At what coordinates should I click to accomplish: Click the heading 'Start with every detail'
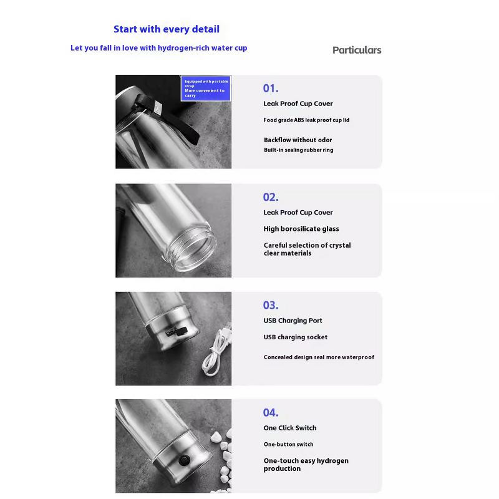click(x=167, y=29)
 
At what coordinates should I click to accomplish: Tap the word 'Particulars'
click(x=357, y=50)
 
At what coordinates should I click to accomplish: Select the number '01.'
click(x=271, y=88)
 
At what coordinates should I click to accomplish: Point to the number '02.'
click(x=271, y=197)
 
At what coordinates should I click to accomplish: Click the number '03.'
click(x=271, y=305)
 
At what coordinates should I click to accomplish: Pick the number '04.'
click(x=271, y=412)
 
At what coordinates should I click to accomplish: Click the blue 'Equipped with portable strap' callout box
click(x=206, y=88)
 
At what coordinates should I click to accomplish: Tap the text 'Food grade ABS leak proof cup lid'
click(x=306, y=120)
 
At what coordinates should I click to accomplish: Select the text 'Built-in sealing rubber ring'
click(x=299, y=150)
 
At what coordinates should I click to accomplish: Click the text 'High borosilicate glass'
click(x=301, y=229)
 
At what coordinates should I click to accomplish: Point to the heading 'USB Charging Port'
click(x=293, y=321)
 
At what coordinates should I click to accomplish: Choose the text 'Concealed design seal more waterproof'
click(x=319, y=357)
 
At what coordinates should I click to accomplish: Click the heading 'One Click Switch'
click(x=290, y=428)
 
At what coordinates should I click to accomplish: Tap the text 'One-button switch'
click(x=288, y=444)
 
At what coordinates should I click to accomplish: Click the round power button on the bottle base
click(x=184, y=460)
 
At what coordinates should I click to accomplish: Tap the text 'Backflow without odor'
click(x=298, y=140)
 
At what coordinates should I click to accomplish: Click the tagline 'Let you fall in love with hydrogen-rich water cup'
click(x=159, y=48)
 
